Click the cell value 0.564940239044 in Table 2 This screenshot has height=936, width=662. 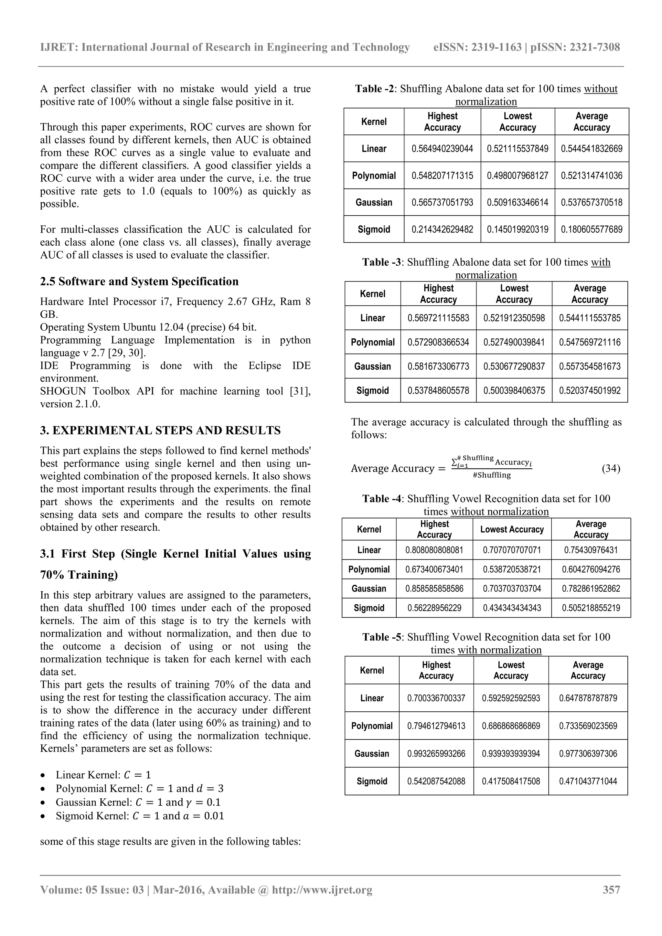click(x=442, y=149)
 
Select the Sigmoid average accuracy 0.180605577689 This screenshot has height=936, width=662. click(x=592, y=229)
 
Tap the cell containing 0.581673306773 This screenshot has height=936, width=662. click(x=438, y=367)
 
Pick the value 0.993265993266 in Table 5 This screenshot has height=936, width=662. click(x=436, y=754)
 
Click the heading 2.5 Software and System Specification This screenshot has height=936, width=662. click(x=139, y=282)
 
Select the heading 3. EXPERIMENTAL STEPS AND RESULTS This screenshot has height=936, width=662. click(x=160, y=431)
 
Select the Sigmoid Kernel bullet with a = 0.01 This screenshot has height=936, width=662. click(x=140, y=816)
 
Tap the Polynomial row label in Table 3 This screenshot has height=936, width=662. click(x=373, y=343)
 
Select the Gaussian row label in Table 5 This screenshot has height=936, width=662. click(x=372, y=754)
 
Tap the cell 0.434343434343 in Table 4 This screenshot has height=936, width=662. click(x=512, y=608)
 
